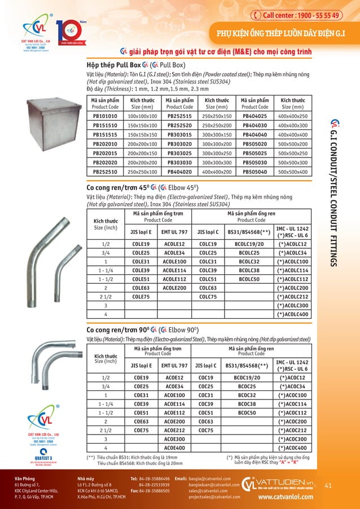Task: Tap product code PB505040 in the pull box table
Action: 254,172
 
